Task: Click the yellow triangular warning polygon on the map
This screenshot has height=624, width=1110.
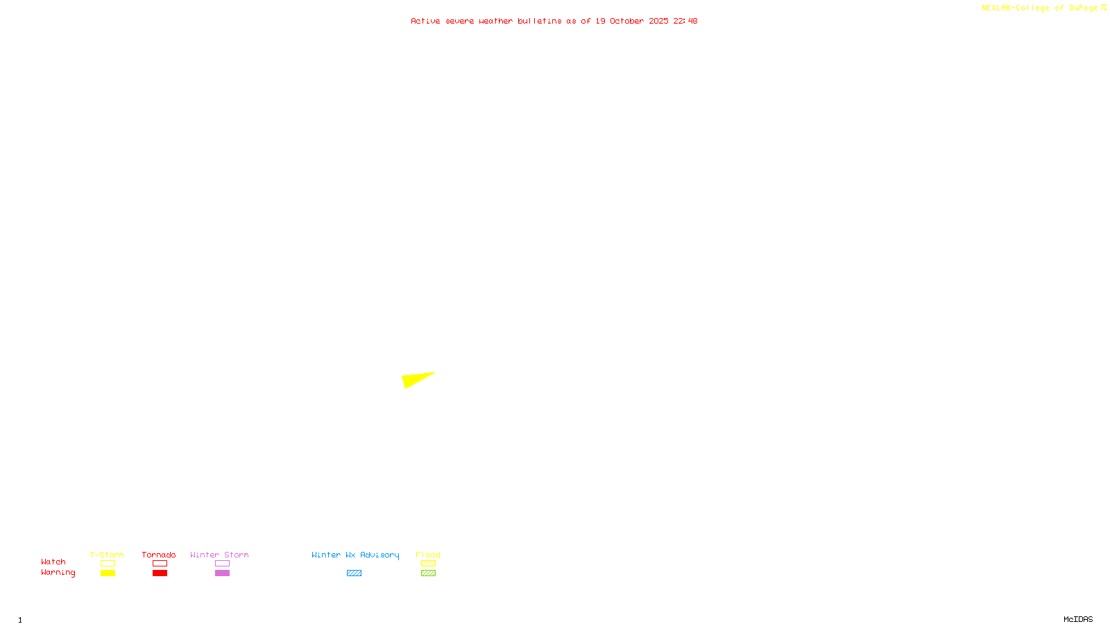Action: coord(415,380)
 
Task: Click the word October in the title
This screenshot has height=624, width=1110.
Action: coord(626,21)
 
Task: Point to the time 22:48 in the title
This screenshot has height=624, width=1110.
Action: coord(685,21)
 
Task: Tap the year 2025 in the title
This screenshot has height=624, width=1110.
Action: coord(658,21)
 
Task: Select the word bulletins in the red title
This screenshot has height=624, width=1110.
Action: coord(539,21)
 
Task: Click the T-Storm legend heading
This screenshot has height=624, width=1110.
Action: coord(107,555)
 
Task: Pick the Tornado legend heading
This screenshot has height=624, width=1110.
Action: coord(159,555)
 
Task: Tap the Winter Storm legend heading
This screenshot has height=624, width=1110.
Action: coord(219,555)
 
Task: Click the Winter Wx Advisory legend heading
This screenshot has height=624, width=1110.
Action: coord(355,555)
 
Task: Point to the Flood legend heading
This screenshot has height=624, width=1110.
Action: coord(428,555)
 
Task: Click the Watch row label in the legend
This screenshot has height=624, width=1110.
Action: coord(53,562)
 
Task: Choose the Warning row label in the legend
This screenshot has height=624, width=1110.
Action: coord(58,573)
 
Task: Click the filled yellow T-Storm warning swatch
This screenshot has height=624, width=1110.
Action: coord(108,573)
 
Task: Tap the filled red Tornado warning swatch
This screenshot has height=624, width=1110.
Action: coord(160,573)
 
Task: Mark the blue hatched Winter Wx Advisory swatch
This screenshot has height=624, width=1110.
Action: coord(354,573)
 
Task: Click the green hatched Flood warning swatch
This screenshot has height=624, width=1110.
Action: coord(428,573)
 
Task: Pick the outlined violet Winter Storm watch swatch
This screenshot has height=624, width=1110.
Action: coord(222,564)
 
